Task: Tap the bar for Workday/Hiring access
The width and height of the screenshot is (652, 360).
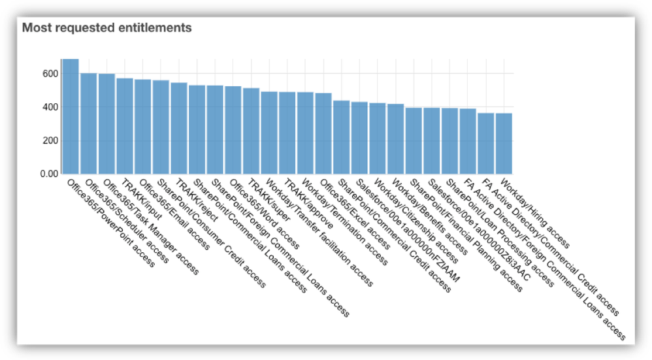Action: [504, 143]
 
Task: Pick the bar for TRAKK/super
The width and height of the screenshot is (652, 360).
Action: [252, 131]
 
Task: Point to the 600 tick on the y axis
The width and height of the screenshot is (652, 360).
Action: [49, 74]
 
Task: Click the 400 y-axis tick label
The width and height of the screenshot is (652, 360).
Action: [49, 107]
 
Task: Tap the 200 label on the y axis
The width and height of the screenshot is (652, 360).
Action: [49, 140]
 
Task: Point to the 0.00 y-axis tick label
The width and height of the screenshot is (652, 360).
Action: [48, 174]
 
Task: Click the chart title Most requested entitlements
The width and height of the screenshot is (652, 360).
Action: [107, 28]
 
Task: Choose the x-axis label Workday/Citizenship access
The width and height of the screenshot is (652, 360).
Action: [418, 216]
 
